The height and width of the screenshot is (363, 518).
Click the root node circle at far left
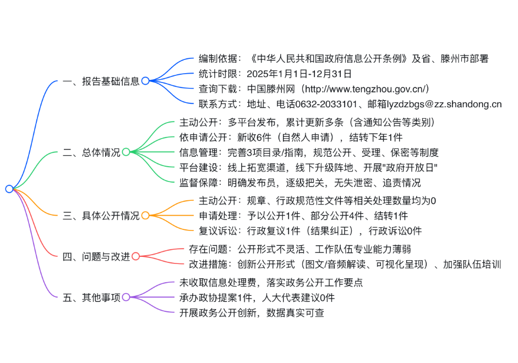coord(9,189)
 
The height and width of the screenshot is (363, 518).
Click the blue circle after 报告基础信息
coord(145,80)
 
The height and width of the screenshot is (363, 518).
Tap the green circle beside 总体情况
coord(126,152)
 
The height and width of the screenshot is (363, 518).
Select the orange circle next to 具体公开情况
coord(145,216)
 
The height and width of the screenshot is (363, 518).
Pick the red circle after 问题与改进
coord(136,256)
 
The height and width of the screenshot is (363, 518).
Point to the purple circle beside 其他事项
coord(126,298)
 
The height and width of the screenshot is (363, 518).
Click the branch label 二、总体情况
coord(91,152)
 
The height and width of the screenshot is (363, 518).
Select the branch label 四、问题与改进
coord(96,257)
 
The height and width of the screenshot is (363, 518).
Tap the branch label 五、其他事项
coord(91,298)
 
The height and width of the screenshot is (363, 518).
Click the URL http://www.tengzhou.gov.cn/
coord(367,89)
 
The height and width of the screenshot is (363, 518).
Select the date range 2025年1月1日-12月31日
coord(299,74)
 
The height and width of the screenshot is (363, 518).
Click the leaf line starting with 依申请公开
coord(291,137)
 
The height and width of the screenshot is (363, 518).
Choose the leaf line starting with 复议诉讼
coord(310,230)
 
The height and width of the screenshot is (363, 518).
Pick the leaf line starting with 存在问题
coord(300,249)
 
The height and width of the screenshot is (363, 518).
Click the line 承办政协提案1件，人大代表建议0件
coord(257,298)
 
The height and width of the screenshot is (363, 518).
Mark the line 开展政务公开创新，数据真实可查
coord(252,313)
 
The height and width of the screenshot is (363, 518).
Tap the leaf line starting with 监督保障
coord(300,183)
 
